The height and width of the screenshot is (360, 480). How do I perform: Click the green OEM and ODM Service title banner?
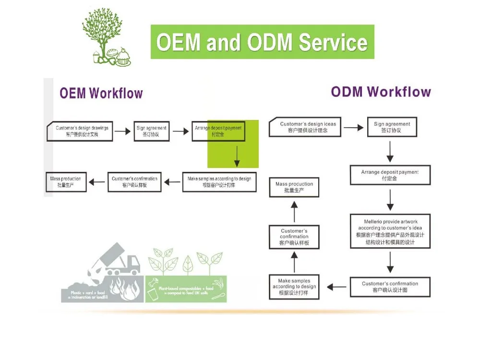(262, 42)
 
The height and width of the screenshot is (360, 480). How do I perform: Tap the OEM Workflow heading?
(101, 93)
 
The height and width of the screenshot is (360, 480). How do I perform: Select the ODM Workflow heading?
(381, 92)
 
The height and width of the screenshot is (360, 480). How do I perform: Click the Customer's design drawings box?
(80, 131)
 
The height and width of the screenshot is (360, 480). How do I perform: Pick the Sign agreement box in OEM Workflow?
(151, 131)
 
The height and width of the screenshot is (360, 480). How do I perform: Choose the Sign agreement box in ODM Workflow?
(392, 127)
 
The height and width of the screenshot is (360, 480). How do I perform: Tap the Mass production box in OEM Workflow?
(66, 182)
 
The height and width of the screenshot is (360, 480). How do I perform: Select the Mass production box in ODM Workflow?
(294, 187)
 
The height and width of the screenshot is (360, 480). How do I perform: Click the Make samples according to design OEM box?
(219, 182)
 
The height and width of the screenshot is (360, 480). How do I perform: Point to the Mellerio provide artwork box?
(390, 232)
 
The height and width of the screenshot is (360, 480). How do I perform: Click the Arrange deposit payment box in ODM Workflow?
(390, 175)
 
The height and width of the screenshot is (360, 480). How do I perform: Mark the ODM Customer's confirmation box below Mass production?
(294, 237)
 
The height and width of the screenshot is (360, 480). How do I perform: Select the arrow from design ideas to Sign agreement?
(353, 128)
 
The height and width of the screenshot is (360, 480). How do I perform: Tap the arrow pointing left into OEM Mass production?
(98, 182)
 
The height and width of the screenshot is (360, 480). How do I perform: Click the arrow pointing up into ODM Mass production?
(294, 210)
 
